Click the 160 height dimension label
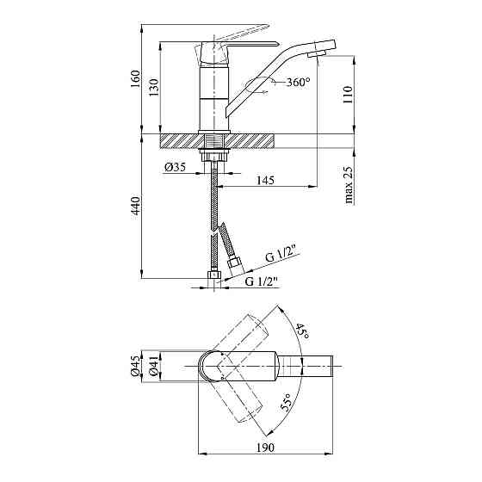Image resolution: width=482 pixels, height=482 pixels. (x=135, y=79)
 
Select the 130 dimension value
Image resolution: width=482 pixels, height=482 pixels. (x=154, y=88)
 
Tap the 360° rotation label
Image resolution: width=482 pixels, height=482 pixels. (x=298, y=82)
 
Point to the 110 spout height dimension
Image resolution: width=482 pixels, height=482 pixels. (x=348, y=95)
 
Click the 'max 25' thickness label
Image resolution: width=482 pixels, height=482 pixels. (x=349, y=185)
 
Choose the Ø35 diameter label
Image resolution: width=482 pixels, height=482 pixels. (x=176, y=168)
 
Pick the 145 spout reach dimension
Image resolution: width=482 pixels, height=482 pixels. (x=265, y=180)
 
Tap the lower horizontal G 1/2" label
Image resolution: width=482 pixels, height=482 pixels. (x=262, y=281)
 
